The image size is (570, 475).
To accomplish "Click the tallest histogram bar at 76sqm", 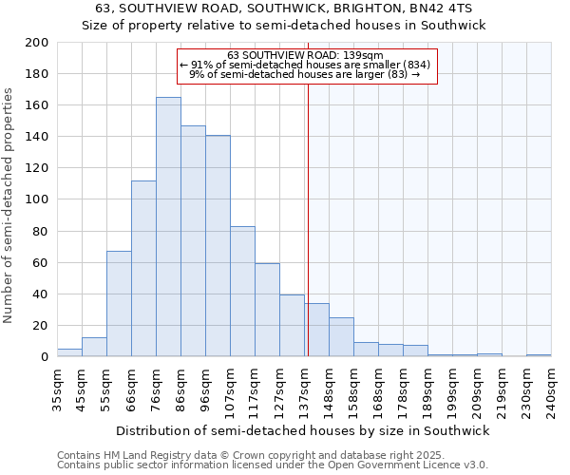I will pos(168,227).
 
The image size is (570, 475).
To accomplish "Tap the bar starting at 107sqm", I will pos(242,292).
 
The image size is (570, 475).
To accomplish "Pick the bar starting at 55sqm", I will pos(119,304).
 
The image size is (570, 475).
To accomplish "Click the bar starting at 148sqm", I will pos(341,337).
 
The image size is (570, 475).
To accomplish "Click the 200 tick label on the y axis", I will pos(37,43).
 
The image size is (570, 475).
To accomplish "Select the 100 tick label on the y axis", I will pos(37,199).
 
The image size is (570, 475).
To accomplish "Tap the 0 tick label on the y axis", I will pos(44,357).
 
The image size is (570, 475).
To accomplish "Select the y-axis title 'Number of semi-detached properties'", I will pos(9,204).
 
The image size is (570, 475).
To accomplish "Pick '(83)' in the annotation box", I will pos(396,73).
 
